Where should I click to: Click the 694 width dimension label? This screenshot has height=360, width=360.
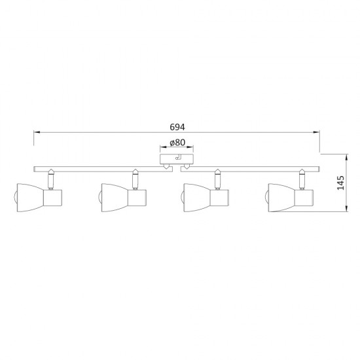pos(177,127)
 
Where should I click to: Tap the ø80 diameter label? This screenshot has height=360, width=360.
pos(177,143)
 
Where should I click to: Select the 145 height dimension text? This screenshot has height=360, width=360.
pos(341,183)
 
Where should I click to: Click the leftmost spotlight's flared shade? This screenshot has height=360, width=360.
pos(31,198)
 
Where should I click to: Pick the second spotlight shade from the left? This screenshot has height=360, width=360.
pos(115,198)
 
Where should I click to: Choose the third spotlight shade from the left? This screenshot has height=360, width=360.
pos(198,198)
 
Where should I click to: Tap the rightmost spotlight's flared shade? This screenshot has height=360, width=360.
pos(281,198)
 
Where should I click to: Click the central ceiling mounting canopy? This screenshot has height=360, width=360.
pos(177,160)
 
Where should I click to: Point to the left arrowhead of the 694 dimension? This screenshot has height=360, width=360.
pos(37,132)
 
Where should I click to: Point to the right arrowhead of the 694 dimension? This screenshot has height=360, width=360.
pos(317,132)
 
